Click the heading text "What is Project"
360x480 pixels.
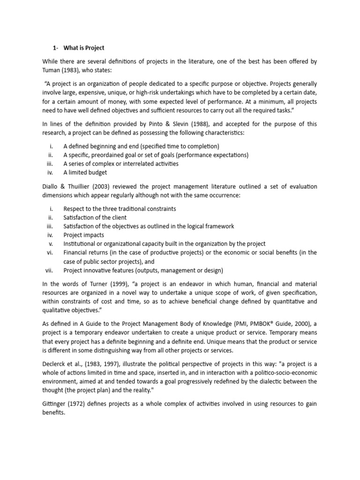pos(84,48)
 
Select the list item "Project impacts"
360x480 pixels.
pos(84,235)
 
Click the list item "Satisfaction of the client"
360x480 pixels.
pos(95,217)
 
